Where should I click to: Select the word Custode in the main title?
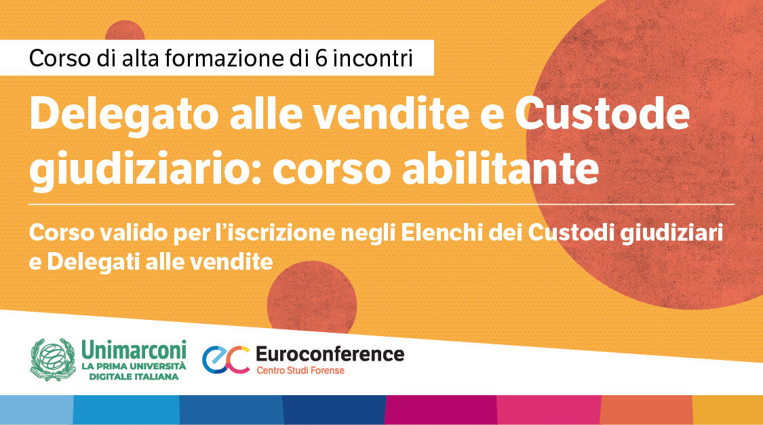pyautogui.click(x=602, y=115)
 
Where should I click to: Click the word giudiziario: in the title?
pyautogui.click(x=144, y=169)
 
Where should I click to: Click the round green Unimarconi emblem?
pyautogui.click(x=53, y=360)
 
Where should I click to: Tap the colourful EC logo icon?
pyautogui.click(x=226, y=359)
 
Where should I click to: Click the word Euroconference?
pyautogui.click(x=330, y=354)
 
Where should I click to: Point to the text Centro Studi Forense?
pyautogui.click(x=300, y=371)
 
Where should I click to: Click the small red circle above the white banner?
pyautogui.click(x=125, y=31)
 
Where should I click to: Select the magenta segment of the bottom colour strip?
pyautogui.click(x=441, y=409)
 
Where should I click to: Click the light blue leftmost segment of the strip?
pyautogui.click(x=36, y=409)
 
